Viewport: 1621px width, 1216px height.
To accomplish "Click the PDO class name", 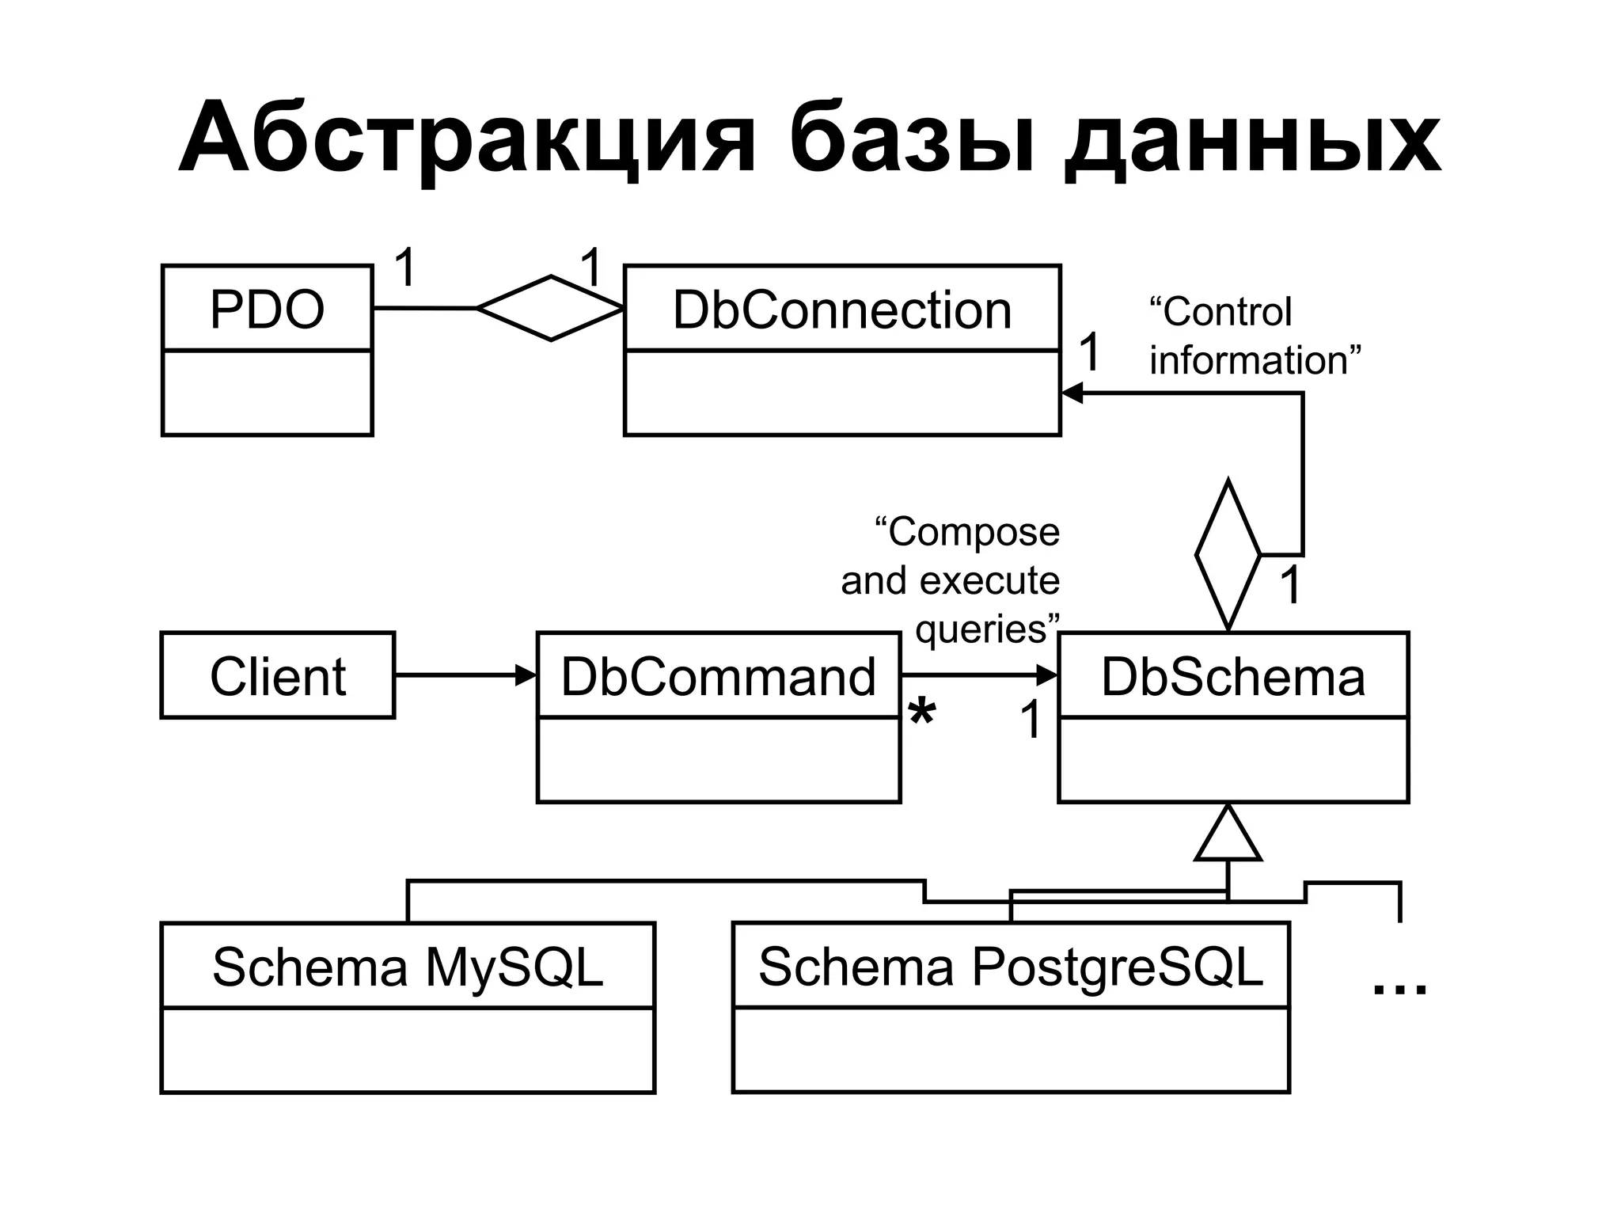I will [x=267, y=309].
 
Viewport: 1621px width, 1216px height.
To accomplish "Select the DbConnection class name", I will [x=841, y=310].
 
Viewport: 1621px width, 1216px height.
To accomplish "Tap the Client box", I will [x=278, y=676].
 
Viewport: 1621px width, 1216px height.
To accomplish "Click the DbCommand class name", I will [x=718, y=677].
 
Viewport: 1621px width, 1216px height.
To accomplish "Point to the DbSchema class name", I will [x=1233, y=677].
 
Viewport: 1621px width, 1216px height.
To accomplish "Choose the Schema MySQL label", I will [x=408, y=967].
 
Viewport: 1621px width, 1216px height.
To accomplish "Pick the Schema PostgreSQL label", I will [x=1010, y=967].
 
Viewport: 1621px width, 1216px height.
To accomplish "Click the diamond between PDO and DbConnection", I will [x=550, y=308].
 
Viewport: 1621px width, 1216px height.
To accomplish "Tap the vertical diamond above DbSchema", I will [x=1228, y=555].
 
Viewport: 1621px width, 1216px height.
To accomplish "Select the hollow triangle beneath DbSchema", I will [x=1228, y=836].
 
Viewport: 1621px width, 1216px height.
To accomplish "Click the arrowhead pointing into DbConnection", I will [x=1072, y=393].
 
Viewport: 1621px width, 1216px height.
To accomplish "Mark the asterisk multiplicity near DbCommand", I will [x=921, y=715].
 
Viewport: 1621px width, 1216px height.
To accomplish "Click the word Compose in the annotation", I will [x=973, y=533].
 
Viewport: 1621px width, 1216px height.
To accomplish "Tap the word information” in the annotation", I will [x=1255, y=360].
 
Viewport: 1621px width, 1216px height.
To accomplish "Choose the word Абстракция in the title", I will [x=467, y=139].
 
